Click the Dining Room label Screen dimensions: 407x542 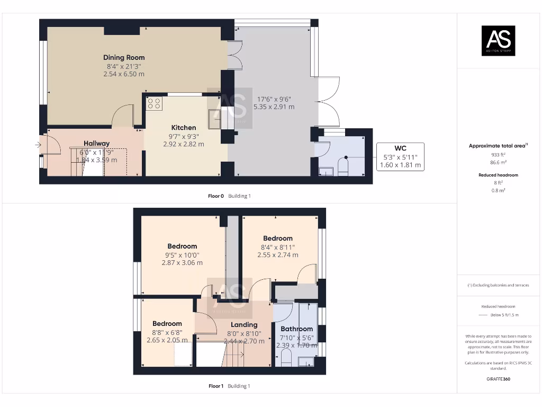tap(124, 57)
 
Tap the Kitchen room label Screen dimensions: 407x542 tap(184, 128)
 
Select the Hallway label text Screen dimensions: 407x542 tap(96, 143)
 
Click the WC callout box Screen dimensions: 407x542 tap(400, 156)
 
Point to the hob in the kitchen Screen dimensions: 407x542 tap(155, 103)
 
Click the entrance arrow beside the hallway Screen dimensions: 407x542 tap(38, 145)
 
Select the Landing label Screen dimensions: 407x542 tap(244, 325)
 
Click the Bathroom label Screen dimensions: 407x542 tap(297, 329)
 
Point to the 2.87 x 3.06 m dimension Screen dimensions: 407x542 tap(182, 263)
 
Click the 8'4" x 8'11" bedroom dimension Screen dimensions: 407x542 tap(277, 247)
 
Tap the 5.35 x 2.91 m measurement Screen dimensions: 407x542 tap(274, 107)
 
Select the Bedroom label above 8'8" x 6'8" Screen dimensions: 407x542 tap(167, 324)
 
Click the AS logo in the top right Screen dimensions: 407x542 tap(498, 41)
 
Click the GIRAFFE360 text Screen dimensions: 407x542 tap(498, 379)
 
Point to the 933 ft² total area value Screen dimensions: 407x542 tap(498, 155)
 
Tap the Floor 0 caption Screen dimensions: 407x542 tap(216, 196)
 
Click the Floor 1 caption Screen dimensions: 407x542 tap(216, 386)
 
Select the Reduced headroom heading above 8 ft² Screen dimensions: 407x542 tap(498, 175)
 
